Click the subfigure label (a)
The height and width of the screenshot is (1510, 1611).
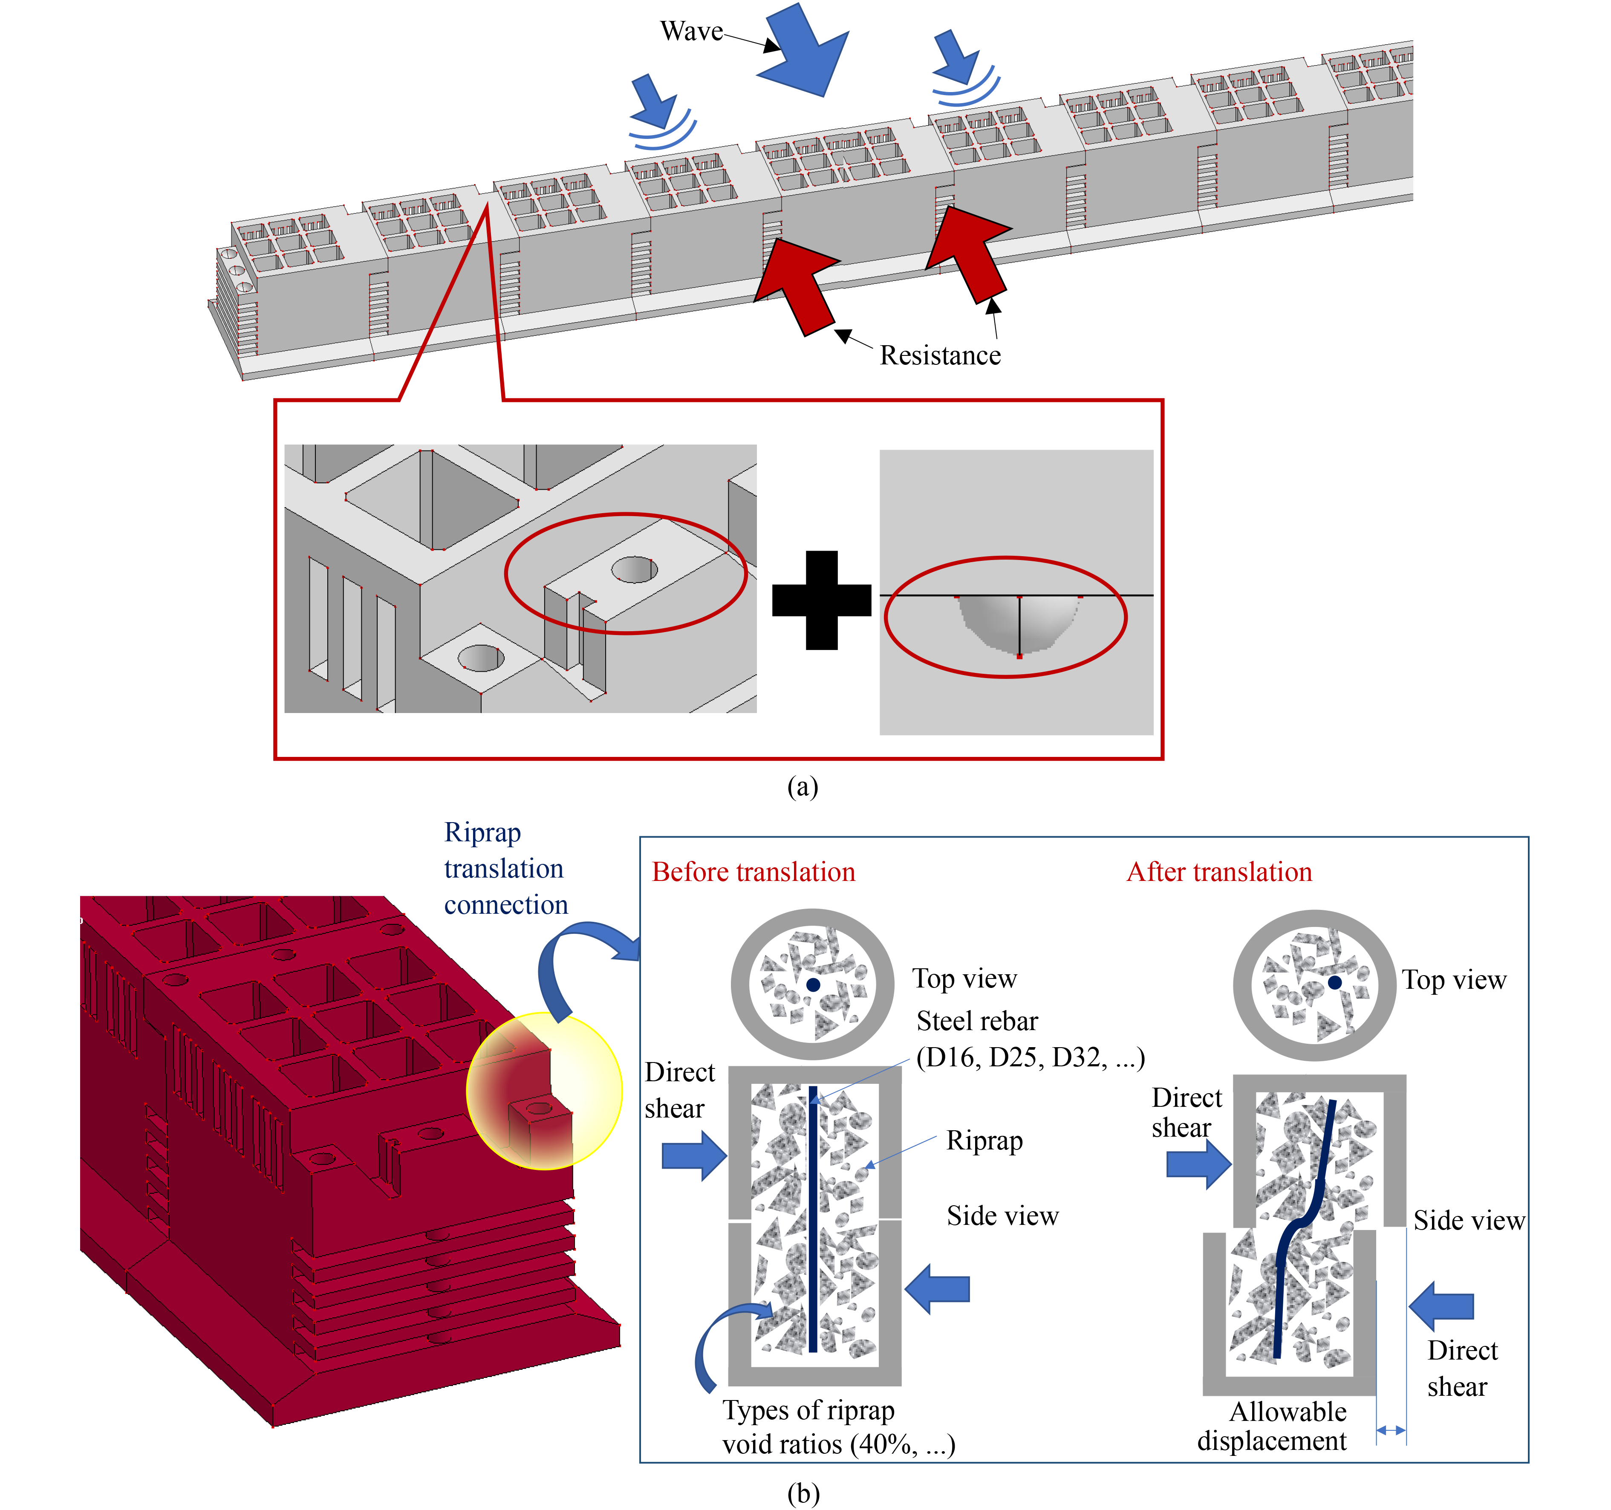[802, 786]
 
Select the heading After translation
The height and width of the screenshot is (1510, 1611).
[1219, 872]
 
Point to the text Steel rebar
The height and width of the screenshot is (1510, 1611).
[976, 1021]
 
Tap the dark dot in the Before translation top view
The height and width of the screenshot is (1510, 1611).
[813, 985]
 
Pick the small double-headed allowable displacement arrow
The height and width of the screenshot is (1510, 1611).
[1391, 1431]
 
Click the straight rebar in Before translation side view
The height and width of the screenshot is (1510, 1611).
[813, 1216]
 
